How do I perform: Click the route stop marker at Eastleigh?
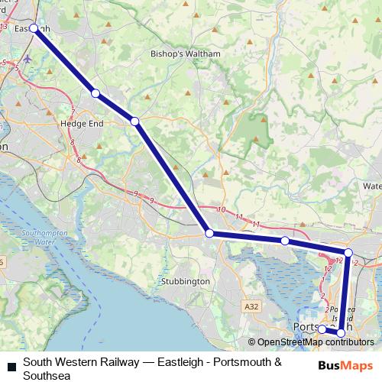(34, 28)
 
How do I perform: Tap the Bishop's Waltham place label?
(185, 55)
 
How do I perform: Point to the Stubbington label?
(186, 281)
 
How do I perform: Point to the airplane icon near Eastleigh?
(28, 58)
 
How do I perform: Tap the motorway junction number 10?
(222, 209)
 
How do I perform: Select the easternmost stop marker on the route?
(348, 252)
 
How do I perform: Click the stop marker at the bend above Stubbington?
(209, 233)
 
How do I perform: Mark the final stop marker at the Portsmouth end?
(322, 329)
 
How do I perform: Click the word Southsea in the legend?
(45, 376)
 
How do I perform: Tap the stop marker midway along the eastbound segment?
(285, 241)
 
